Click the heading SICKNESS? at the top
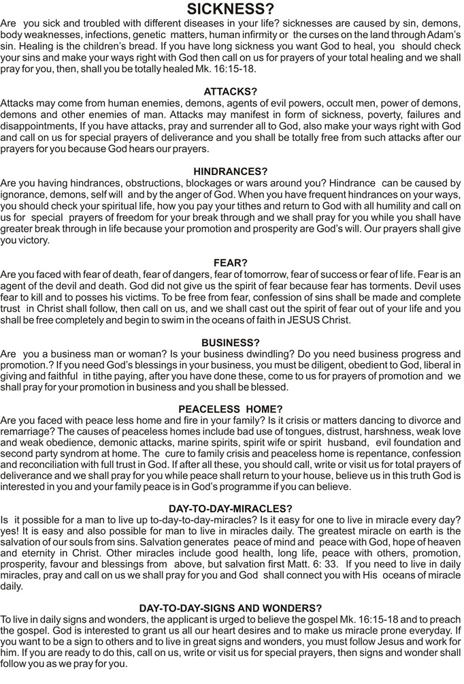point(231,9)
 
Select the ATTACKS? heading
point(231,91)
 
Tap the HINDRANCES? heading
point(231,172)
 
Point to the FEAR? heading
point(231,262)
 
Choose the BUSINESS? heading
point(231,342)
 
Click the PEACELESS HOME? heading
point(231,409)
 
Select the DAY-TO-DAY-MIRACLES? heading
point(231,508)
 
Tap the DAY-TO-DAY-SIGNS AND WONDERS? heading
point(231,608)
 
